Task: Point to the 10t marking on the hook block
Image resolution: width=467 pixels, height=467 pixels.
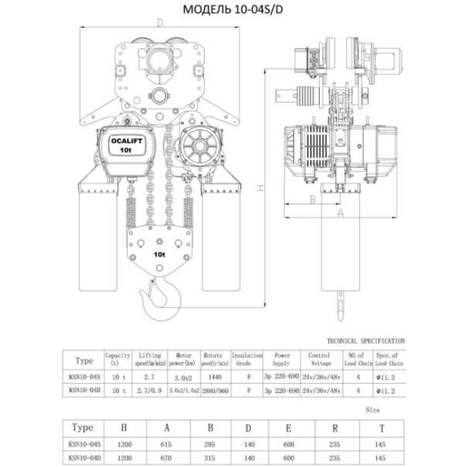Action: (x=159, y=254)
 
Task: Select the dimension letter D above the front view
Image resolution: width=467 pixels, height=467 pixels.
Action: (x=158, y=23)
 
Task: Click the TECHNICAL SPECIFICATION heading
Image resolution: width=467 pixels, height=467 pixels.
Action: (x=366, y=341)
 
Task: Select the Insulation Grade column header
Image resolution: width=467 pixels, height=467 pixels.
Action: (x=248, y=359)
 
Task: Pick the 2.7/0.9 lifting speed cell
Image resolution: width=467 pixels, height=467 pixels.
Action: (x=149, y=390)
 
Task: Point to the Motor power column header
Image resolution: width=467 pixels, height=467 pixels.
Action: (x=182, y=359)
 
